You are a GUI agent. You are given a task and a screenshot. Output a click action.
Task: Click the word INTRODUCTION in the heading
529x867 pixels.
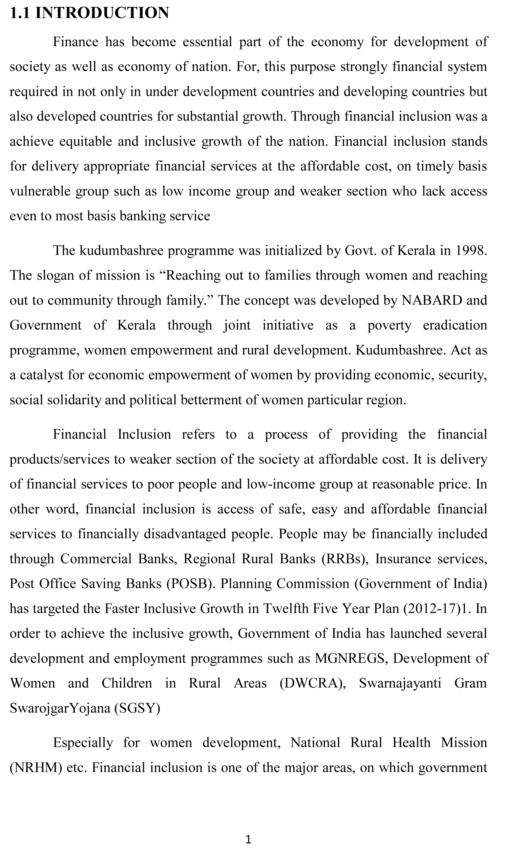pos(102,13)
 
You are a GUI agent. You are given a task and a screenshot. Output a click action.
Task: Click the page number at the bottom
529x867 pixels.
pos(248,840)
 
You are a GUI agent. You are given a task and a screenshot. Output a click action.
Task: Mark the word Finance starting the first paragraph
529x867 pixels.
pos(76,42)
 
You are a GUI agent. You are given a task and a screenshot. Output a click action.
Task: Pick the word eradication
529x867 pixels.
pos(455,325)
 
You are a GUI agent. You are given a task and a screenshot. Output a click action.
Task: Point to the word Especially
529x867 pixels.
pos(83,743)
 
